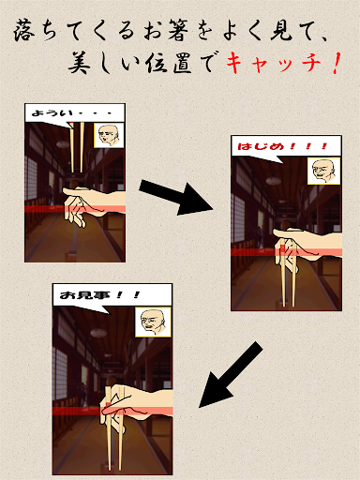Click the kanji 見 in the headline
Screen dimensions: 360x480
tap(282, 31)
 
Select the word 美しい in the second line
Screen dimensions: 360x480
tap(104, 63)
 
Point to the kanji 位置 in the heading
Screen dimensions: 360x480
tap(169, 63)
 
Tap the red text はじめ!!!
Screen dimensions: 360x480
tap(282, 146)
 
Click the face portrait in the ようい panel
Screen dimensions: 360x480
tap(109, 135)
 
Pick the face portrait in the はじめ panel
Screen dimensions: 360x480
tap(323, 171)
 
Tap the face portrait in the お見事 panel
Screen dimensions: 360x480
tap(153, 322)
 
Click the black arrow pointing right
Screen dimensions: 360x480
tap(176, 197)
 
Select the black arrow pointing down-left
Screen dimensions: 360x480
tap(231, 375)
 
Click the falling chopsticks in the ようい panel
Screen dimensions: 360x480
tap(77, 147)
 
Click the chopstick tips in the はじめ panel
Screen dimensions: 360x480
tap(289, 304)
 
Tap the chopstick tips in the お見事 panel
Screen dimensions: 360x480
tap(114, 466)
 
